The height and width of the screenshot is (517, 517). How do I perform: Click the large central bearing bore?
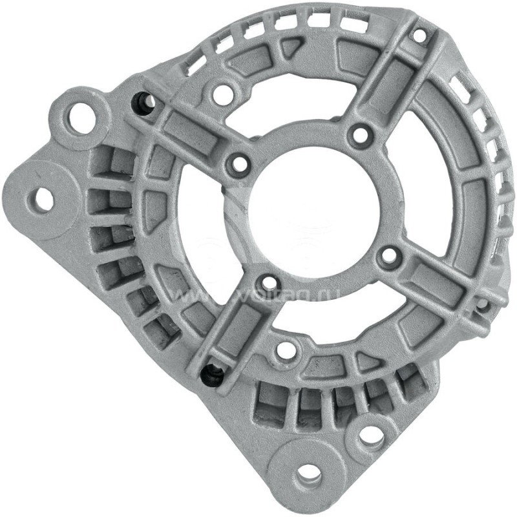pos(313,207)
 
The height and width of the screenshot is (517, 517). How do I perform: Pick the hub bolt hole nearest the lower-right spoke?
pos(387,256)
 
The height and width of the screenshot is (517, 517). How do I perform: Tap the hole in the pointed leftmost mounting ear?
pos(43,199)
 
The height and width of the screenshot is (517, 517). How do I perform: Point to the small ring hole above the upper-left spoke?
pos(222,92)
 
